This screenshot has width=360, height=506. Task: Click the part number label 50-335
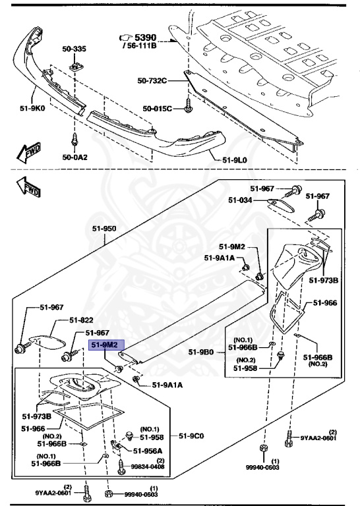74,49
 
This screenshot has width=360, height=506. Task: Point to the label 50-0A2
74,157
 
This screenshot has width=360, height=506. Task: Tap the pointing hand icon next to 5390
124,38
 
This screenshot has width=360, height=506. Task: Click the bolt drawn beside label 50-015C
188,105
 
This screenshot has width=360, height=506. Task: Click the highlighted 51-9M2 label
104,345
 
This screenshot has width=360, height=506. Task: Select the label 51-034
241,200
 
